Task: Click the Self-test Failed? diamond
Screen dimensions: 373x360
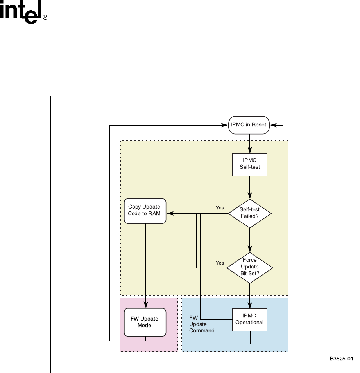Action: click(x=249, y=213)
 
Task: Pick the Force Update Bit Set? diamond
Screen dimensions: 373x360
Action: click(x=249, y=267)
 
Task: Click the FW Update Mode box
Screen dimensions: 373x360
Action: click(x=144, y=322)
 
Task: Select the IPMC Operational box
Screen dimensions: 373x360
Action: click(x=249, y=322)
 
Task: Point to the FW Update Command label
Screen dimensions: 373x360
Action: click(x=201, y=325)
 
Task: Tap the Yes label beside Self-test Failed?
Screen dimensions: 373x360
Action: click(x=220, y=207)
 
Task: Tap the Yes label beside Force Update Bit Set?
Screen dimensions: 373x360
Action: click(x=220, y=263)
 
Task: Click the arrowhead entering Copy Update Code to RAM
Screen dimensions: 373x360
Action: click(x=169, y=213)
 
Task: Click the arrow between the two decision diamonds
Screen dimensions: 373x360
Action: click(x=249, y=240)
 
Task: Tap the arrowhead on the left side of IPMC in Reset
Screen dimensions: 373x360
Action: click(x=225, y=125)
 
